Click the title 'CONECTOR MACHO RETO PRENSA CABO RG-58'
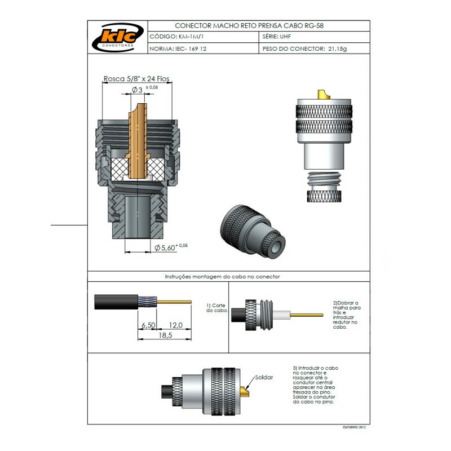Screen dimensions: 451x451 (249, 26)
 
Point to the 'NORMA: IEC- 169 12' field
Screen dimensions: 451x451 (178, 49)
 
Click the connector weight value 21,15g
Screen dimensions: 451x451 (337, 49)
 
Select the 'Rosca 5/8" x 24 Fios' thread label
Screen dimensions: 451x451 (136, 79)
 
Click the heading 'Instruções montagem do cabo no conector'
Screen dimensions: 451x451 (222, 277)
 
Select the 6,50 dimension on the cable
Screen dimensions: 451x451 (148, 325)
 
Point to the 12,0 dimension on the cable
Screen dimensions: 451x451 (175, 325)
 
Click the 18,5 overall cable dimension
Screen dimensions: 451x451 (164, 335)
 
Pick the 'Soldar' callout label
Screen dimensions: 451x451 (263, 377)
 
